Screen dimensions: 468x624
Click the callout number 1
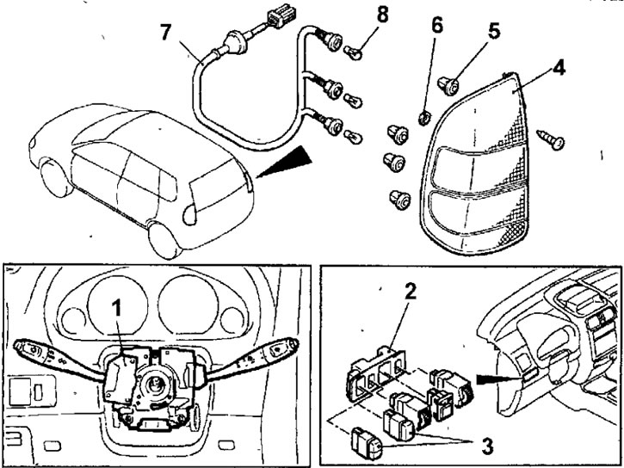(119, 308)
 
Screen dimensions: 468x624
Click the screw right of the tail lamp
(550, 134)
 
